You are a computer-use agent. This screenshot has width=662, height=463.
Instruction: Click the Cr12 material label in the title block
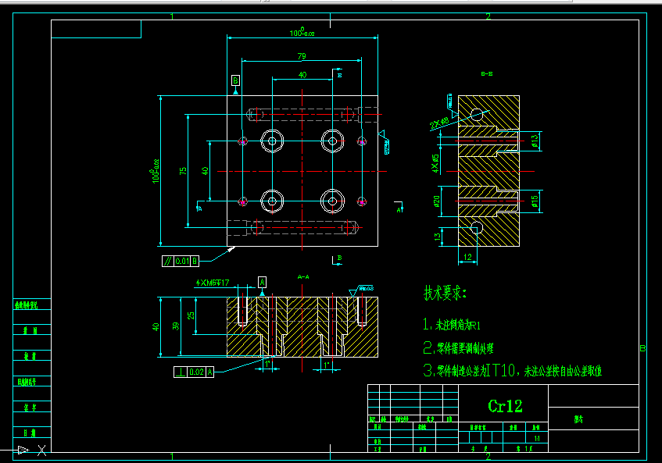(505, 406)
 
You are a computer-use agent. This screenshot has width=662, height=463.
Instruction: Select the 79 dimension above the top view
(302, 55)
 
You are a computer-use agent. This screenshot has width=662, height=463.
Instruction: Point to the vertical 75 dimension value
(182, 170)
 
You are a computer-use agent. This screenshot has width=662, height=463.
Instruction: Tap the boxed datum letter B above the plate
(236, 80)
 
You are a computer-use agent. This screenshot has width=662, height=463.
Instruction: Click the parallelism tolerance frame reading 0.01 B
(181, 260)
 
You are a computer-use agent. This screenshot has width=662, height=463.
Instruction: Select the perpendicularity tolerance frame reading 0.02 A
(194, 372)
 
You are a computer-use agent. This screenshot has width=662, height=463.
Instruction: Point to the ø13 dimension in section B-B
(535, 141)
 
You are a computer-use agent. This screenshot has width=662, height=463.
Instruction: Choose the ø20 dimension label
(437, 201)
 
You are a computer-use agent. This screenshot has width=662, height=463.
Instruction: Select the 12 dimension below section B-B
(467, 256)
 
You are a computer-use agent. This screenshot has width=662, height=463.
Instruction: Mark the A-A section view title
(304, 276)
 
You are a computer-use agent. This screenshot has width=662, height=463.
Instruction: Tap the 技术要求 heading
(445, 294)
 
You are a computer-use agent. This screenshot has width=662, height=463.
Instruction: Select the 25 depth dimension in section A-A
(191, 315)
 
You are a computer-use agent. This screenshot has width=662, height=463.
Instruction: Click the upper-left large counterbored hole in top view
(272, 141)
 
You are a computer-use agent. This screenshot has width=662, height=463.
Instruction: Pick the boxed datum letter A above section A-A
(262, 281)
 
